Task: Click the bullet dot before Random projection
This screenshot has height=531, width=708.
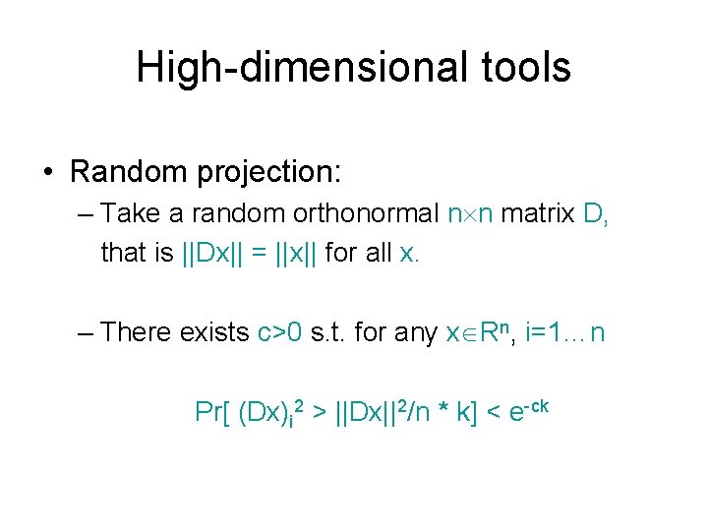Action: click(48, 172)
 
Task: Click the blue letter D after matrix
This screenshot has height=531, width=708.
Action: click(596, 213)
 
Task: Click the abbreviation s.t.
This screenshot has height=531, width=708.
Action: click(329, 332)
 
